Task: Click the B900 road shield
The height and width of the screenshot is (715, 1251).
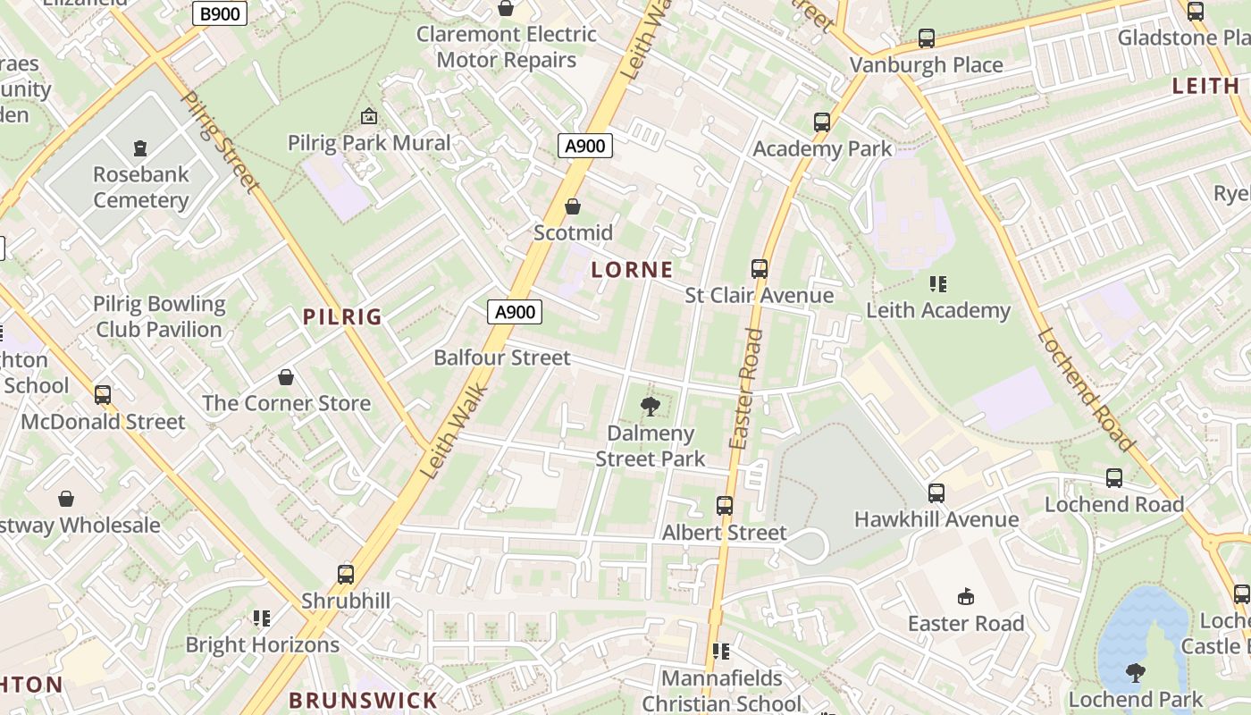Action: pos(220,14)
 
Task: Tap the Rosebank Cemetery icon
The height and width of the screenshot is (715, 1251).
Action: pos(139,147)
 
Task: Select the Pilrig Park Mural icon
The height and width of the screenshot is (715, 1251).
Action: pos(368,116)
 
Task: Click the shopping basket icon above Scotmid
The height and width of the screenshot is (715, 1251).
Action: pos(573,206)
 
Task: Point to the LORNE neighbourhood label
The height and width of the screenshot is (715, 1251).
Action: pos(632,269)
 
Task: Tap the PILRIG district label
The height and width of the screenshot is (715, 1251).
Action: pos(342,316)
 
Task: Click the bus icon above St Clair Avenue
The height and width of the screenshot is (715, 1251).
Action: pos(760,268)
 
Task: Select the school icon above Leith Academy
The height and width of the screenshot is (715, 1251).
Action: pos(937,284)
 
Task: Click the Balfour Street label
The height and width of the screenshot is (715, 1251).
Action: pos(501,357)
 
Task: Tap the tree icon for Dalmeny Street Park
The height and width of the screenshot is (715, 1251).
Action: pos(651,408)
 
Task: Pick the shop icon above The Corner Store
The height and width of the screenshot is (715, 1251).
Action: pos(286,377)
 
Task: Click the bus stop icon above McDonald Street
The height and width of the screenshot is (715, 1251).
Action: pos(103,394)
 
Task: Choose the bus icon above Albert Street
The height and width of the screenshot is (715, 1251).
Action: pos(725,506)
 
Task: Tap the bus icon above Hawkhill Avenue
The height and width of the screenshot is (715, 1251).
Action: pos(936,492)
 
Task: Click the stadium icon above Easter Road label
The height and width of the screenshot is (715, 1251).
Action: pos(965,596)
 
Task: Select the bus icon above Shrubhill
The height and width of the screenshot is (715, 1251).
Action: pos(346,575)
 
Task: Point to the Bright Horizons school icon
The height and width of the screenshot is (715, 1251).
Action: pos(262,618)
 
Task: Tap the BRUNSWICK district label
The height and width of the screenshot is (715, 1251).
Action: pos(364,700)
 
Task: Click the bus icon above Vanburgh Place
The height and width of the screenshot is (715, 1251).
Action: pos(927,38)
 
